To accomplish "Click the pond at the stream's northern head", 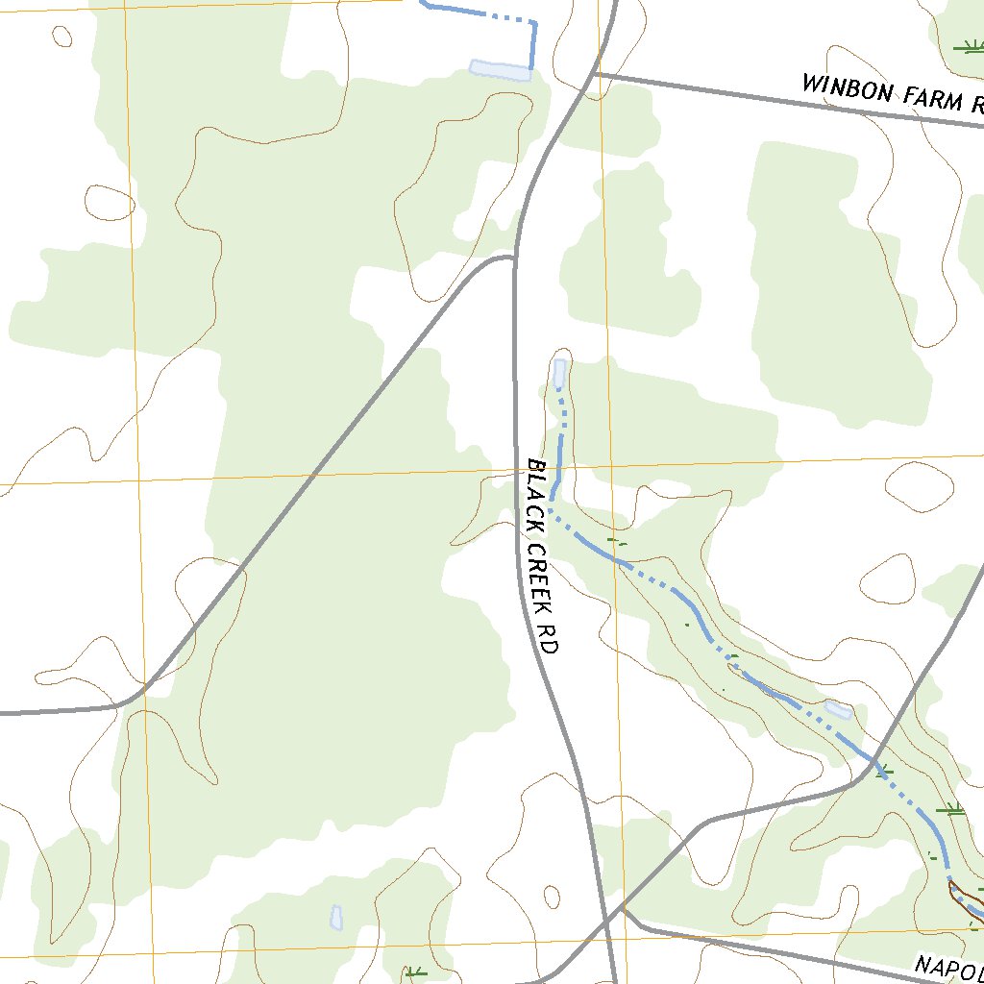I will [559, 374].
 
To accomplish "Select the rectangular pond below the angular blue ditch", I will [500, 69].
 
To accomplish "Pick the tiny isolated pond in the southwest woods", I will [336, 917].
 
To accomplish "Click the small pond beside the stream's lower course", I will [838, 710].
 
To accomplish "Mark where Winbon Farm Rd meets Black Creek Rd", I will [595, 73].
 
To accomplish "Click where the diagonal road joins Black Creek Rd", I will [514, 258].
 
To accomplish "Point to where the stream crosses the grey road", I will [876, 761].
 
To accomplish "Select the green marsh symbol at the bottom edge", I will [415, 973].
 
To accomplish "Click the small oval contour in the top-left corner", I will [62, 37].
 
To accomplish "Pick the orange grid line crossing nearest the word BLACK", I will [607, 465].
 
